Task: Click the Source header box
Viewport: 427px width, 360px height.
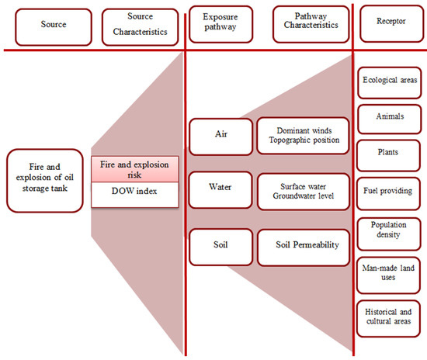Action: coord(47,24)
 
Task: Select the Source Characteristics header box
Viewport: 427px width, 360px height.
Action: coord(136,24)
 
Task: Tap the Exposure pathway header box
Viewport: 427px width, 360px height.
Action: coord(221,24)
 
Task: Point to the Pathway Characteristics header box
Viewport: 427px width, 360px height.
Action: coord(306,24)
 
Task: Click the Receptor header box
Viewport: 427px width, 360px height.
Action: coord(389,24)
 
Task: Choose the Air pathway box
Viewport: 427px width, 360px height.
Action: coord(220,133)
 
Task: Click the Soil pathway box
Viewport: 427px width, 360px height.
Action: coord(220,244)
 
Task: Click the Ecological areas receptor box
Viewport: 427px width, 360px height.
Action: coord(389,81)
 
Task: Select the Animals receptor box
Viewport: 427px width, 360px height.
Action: coord(389,117)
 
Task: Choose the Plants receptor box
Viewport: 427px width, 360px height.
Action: coord(389,152)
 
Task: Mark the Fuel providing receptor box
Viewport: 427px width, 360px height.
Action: coord(389,190)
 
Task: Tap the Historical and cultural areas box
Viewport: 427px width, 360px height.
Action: coord(389,317)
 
